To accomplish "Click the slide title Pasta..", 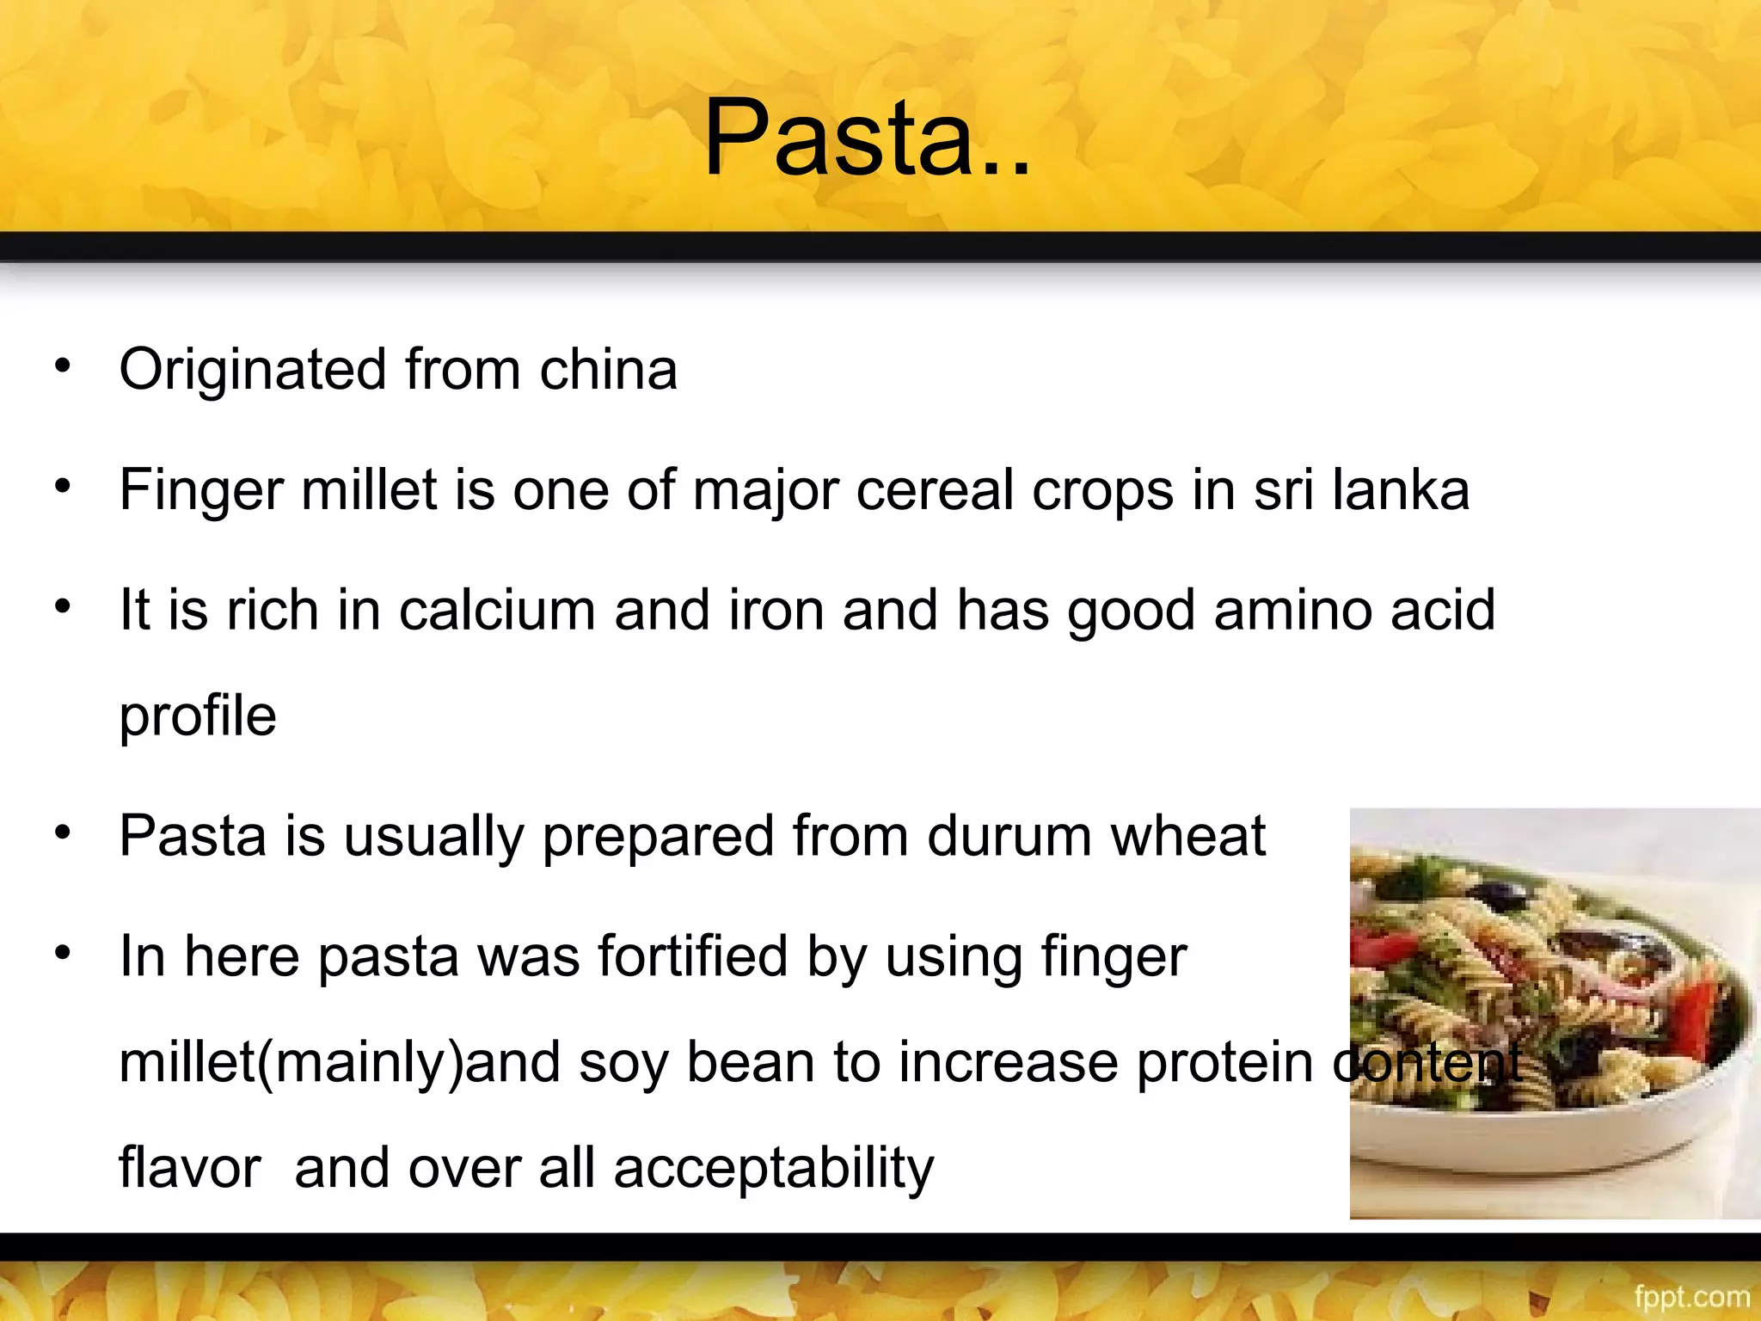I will [x=866, y=138].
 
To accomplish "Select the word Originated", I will [x=253, y=370].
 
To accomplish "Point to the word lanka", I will [x=1401, y=490].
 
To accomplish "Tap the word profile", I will [x=198, y=716].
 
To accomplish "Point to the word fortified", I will [x=693, y=956].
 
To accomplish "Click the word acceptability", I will [x=773, y=1169].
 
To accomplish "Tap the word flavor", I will [x=189, y=1169].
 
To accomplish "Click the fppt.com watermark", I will [x=1691, y=1296].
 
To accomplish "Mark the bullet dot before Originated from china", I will [x=62, y=366].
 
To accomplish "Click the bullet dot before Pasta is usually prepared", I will [x=62, y=833].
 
